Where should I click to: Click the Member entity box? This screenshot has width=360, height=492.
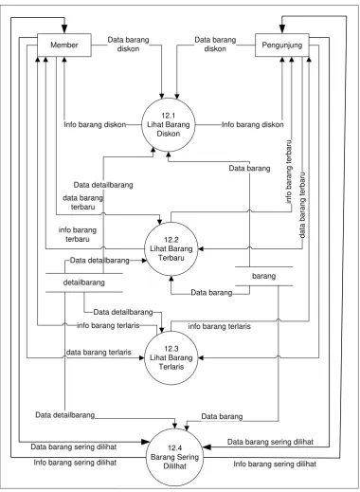[64, 45]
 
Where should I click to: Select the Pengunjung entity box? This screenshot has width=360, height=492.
[282, 45]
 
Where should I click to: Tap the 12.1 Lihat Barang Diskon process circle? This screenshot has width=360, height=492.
[169, 125]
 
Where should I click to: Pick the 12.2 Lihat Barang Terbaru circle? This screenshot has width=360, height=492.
[171, 248]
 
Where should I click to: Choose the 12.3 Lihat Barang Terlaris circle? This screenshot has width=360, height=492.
[171, 357]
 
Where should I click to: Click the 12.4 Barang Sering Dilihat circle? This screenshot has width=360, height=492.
[174, 457]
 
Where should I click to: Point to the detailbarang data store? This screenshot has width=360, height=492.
[84, 282]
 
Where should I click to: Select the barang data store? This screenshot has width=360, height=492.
[264, 276]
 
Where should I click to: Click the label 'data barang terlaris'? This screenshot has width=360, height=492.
[99, 352]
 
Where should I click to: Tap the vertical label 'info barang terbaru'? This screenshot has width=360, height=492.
[288, 172]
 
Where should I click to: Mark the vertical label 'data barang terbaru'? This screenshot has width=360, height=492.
[302, 205]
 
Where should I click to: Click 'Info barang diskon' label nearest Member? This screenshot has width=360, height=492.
[95, 124]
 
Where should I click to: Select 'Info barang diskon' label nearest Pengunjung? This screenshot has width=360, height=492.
[252, 124]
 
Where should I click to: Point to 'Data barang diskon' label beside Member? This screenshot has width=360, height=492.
[128, 45]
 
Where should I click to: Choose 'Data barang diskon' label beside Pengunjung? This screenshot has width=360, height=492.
[215, 45]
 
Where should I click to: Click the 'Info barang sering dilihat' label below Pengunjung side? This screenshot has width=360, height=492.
[275, 464]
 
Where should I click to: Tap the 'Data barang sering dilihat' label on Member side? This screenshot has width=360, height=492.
[74, 446]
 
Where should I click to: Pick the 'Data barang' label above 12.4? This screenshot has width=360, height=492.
[222, 416]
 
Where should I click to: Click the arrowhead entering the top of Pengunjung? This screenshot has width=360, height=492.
[282, 29]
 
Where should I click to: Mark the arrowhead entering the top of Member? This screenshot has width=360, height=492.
[64, 29]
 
